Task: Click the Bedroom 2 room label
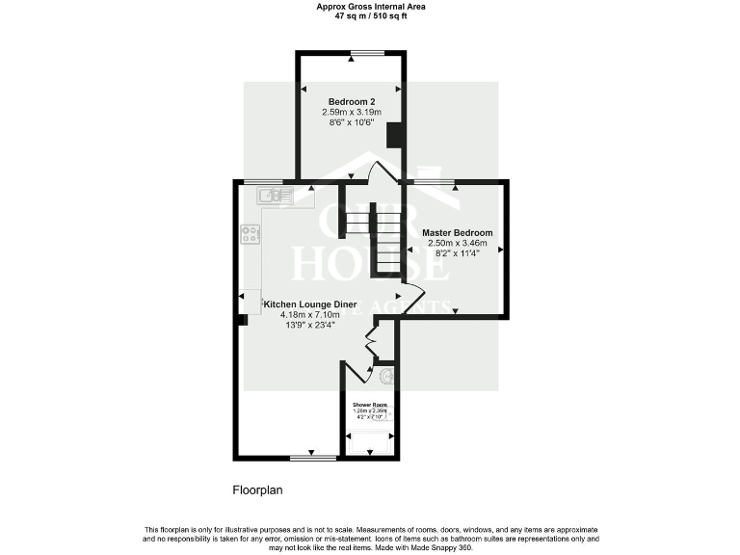[x=351, y=101]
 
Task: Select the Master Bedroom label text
[x=458, y=233]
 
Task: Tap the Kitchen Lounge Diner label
[x=304, y=304]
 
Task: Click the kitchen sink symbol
[x=275, y=196]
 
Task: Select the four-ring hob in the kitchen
[x=250, y=233]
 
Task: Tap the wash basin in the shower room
[x=386, y=375]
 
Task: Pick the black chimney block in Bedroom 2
[x=393, y=135]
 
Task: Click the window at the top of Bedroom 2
[x=367, y=52]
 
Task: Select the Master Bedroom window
[x=435, y=181]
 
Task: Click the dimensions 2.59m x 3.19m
[x=351, y=112]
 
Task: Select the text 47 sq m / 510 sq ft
[x=370, y=15]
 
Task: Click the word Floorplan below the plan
[x=257, y=490]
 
